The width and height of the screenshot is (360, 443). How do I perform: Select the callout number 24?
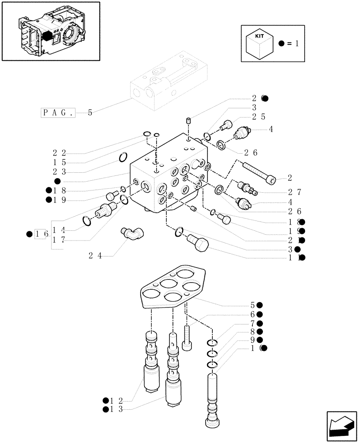click(95, 255)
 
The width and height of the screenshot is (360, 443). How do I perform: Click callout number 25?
click(259, 117)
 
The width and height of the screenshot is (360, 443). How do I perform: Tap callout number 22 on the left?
click(60, 153)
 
